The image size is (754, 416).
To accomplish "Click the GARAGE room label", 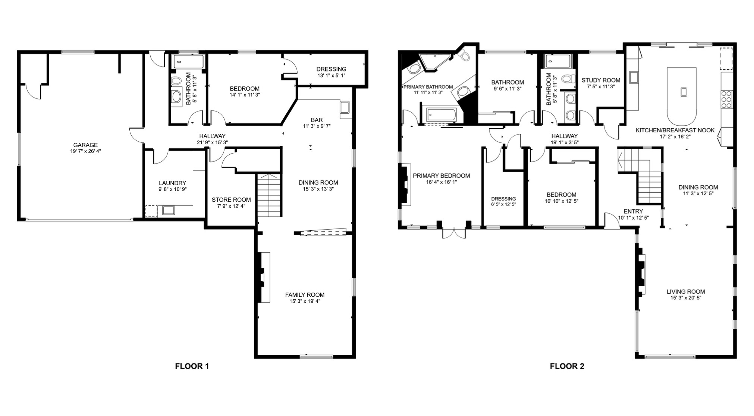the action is coord(85,145).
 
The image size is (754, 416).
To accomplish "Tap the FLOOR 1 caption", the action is coord(192,366).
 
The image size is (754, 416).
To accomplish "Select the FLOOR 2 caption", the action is coord(567,366).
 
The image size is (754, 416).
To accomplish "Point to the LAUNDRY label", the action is coord(172,183).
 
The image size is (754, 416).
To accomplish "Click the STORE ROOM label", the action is coord(231,199).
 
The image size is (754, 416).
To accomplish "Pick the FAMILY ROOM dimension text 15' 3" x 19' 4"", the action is coord(305,301).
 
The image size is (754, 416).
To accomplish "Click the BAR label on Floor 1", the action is coord(317,120).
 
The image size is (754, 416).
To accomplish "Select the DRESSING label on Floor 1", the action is coord(331,69).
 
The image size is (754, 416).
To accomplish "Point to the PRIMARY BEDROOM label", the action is coord(441,176).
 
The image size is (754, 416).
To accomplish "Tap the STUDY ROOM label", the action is coord(601,80).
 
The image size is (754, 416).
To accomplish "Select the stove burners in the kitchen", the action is coord(726,100).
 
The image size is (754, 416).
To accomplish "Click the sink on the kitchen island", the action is coord(683,91).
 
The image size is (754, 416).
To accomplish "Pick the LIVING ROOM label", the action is coord(686,291).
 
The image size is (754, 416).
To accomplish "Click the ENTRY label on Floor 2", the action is coord(633,211).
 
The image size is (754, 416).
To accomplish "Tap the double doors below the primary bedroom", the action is coord(454,233).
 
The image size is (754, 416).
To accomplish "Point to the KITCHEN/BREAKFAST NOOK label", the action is coord(675,130).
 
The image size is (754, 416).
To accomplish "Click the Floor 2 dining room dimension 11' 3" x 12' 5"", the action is coord(698,193).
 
